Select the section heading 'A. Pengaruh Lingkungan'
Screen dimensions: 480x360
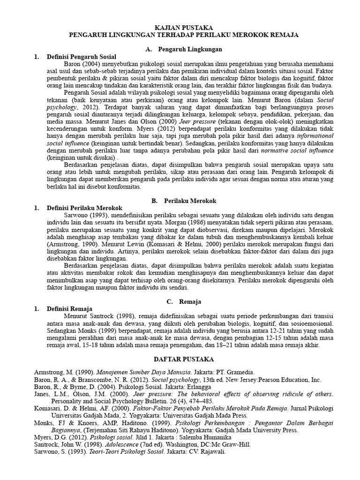pos(184,49)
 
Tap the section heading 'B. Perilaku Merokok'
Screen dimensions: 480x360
pos(184,200)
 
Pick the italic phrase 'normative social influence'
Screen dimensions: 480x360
pos(297,150)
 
